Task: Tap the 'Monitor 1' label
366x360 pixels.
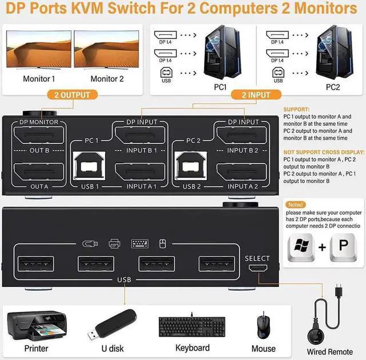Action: pyautogui.click(x=39, y=79)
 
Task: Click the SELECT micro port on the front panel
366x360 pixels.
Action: pyautogui.click(x=257, y=269)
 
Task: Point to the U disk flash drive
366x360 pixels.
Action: pyautogui.click(x=114, y=324)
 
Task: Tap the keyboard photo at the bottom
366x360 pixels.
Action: pyautogui.click(x=192, y=326)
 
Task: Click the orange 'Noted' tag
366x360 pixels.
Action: pyautogui.click(x=296, y=204)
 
